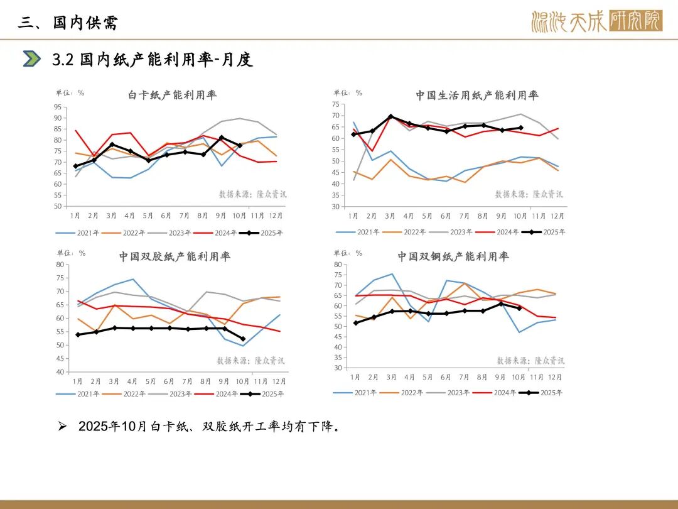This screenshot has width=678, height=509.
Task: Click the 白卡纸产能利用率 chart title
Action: tap(172, 96)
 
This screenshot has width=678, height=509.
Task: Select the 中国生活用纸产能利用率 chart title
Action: tap(476, 96)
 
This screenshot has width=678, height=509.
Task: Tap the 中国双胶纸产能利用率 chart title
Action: tap(175, 256)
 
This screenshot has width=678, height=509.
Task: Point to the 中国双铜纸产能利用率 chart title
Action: tap(453, 256)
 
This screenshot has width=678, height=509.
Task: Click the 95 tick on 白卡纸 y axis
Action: tap(58, 107)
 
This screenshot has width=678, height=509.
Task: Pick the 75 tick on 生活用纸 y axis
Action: tap(353, 104)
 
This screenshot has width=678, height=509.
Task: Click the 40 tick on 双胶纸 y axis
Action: tap(60, 372)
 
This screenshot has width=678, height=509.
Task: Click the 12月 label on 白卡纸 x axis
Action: tap(276, 216)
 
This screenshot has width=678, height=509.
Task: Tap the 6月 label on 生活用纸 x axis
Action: tap(445, 216)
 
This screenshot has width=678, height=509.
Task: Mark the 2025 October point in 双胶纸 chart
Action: tap(243, 339)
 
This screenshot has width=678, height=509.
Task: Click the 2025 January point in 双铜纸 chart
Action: tap(355, 323)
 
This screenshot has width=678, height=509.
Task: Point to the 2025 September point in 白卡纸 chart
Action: tap(222, 138)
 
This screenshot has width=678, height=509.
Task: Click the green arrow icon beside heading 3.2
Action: tap(31, 59)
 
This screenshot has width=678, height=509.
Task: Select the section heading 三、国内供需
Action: tap(68, 23)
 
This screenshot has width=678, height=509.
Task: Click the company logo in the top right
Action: tap(596, 22)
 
